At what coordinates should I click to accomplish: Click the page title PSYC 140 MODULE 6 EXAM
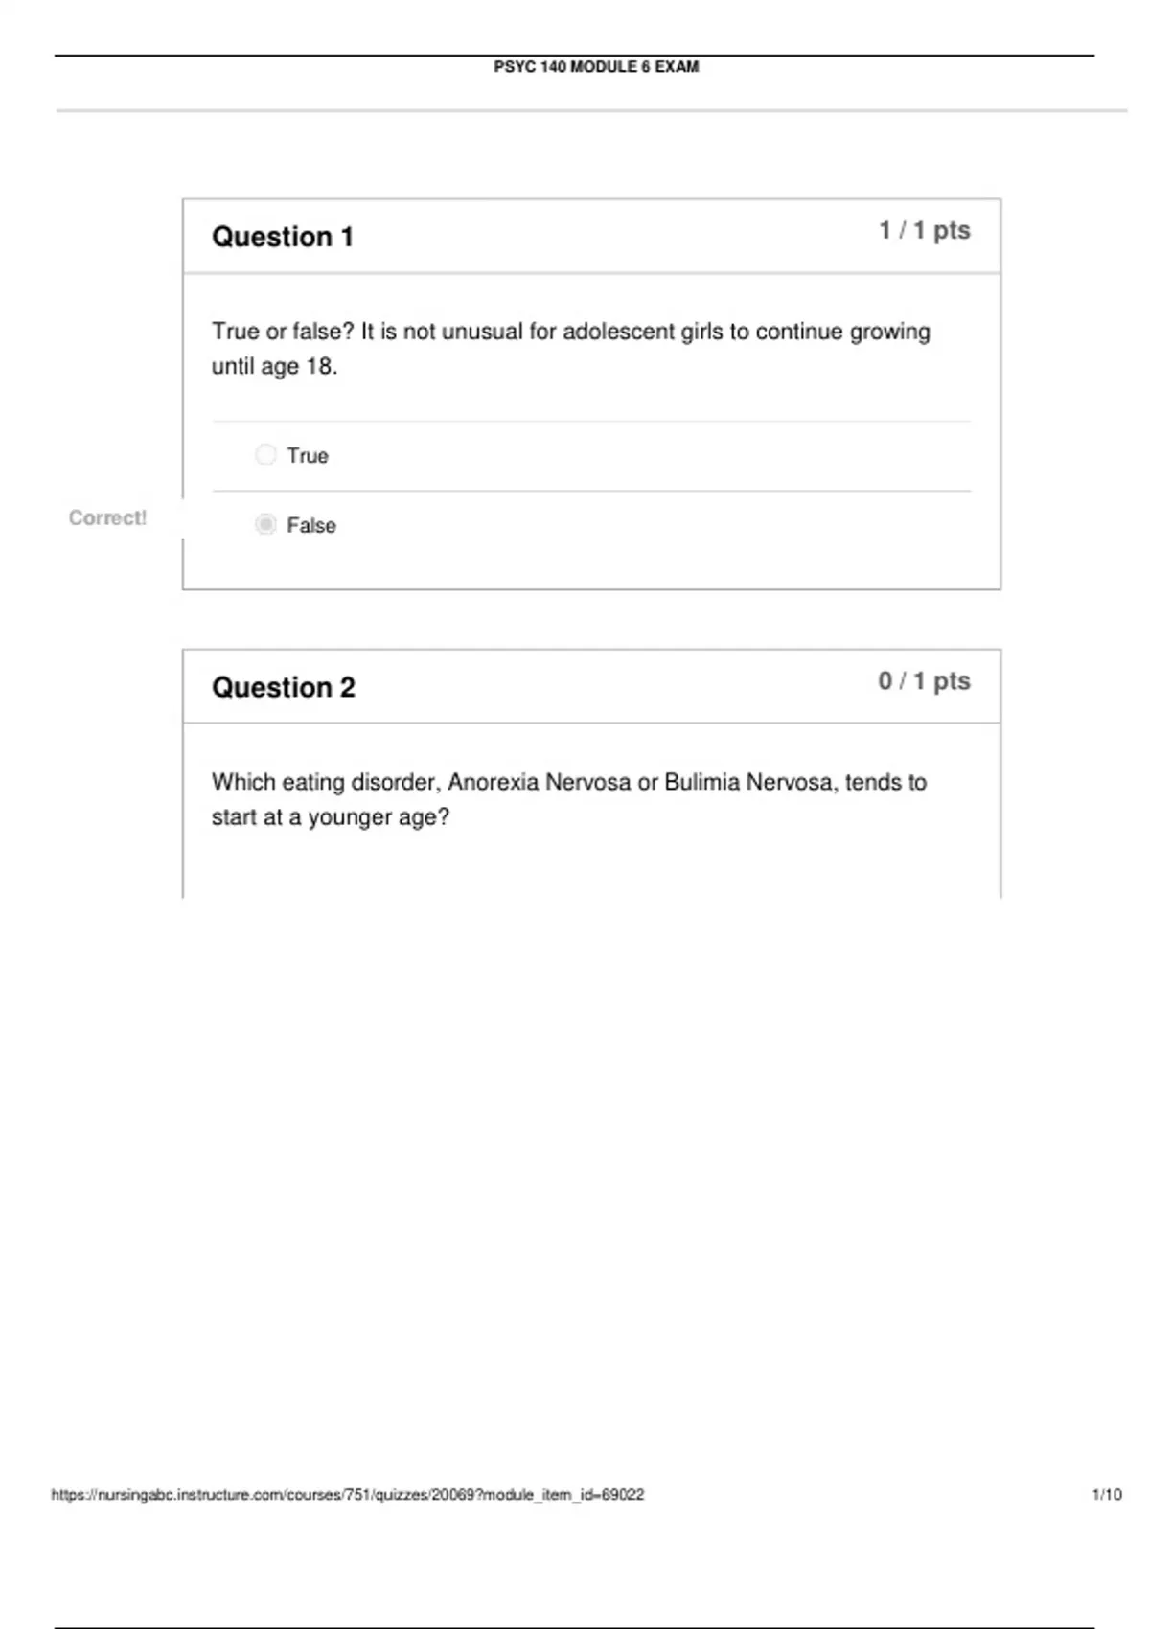coord(596,67)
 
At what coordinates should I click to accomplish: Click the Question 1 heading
coord(283,237)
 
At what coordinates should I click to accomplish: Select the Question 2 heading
coord(284,687)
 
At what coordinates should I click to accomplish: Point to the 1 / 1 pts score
coord(925,231)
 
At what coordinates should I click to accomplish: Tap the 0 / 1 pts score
coord(925,681)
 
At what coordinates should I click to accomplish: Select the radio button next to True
coord(265,454)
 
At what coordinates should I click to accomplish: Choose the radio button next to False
coord(265,524)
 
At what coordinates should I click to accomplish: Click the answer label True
coord(308,456)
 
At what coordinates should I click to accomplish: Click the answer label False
coord(311,526)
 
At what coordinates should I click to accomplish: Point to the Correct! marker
coord(107,518)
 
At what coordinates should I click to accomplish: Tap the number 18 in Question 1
coord(318,367)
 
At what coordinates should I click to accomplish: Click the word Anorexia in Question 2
coord(494,783)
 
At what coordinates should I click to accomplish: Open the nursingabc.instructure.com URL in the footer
coord(348,1495)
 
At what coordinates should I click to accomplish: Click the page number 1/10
coord(1107,1495)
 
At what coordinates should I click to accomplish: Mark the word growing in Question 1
coord(889,333)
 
